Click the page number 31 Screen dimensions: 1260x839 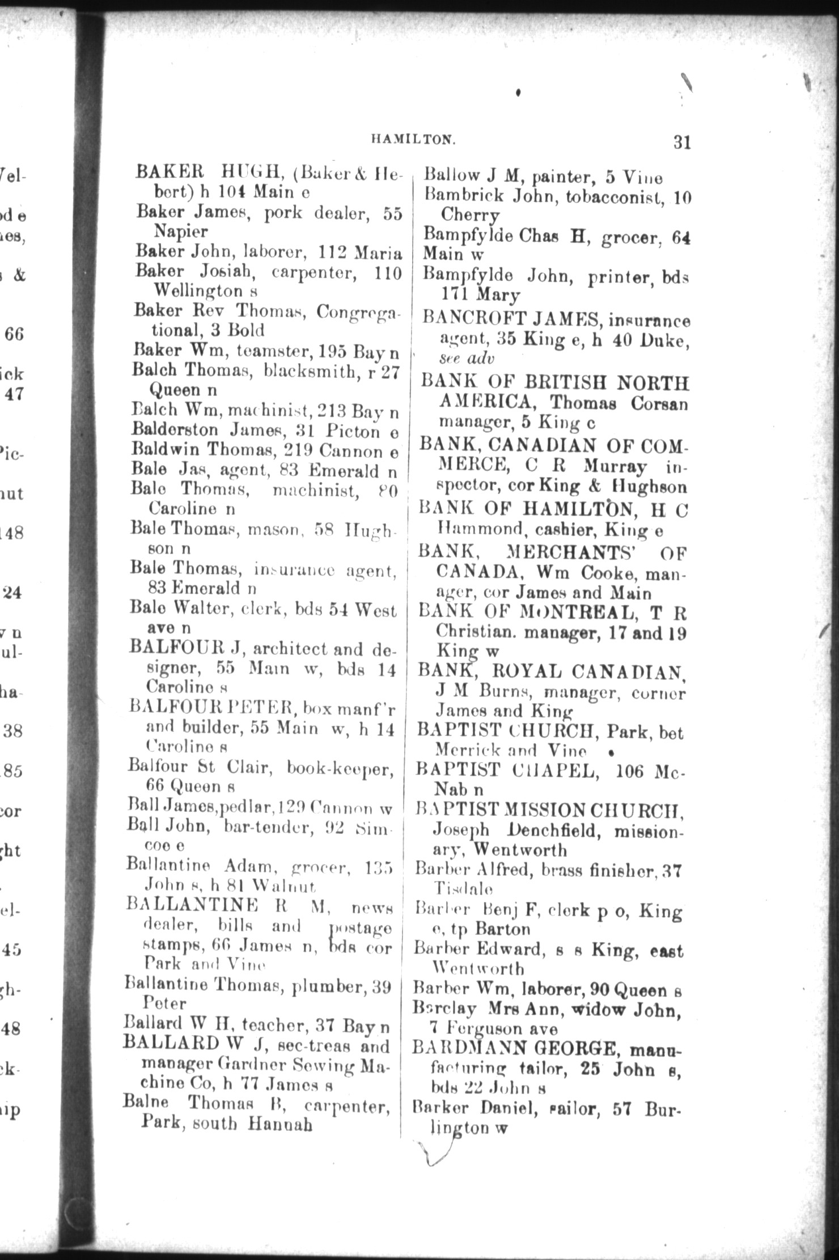coord(682,142)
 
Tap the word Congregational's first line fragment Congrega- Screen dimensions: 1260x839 coord(358,312)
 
